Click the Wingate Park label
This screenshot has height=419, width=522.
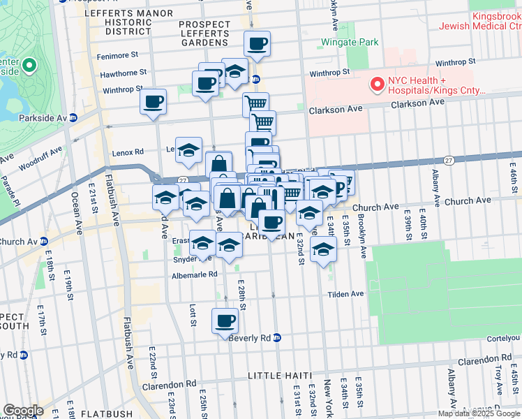click(x=349, y=43)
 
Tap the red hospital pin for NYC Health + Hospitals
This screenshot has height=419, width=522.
click(x=378, y=84)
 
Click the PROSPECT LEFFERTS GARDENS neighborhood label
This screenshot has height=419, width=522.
click(x=203, y=33)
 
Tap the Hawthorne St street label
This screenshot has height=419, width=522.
click(x=124, y=72)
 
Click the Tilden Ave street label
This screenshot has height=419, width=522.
click(x=346, y=294)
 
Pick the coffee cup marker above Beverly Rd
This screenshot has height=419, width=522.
click(x=224, y=321)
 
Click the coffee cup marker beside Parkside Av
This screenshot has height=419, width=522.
click(x=153, y=102)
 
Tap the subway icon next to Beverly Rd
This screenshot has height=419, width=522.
click(x=277, y=337)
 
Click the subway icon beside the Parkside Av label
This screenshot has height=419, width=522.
click(x=73, y=117)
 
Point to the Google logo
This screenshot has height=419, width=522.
click(x=23, y=411)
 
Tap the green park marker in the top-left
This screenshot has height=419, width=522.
click(x=29, y=66)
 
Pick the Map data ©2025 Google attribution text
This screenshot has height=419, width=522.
click(x=479, y=413)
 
